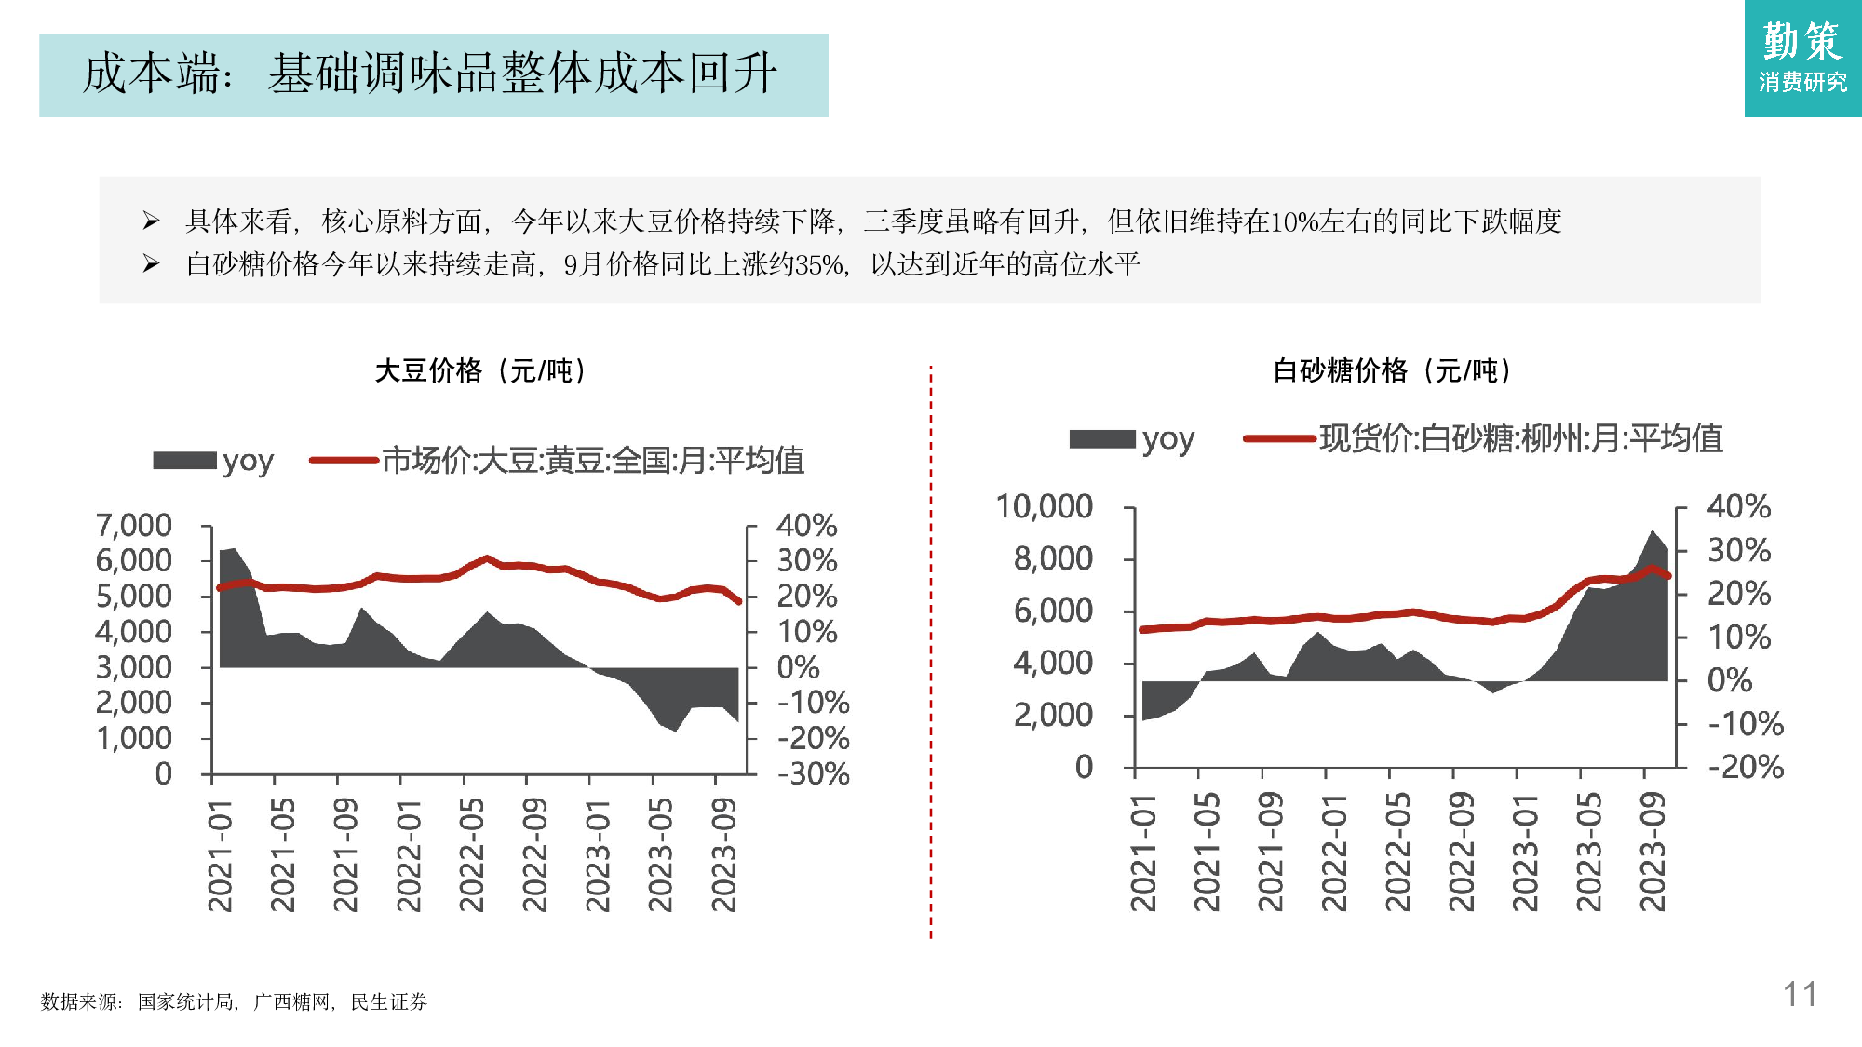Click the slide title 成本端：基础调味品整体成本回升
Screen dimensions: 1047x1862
430,74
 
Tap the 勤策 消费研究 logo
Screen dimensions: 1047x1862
1802,58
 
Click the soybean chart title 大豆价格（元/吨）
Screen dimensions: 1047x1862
480,370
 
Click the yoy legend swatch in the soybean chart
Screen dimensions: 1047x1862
184,461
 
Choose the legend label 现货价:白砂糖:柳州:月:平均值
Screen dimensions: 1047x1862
1520,437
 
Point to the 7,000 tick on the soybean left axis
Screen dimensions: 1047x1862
134,525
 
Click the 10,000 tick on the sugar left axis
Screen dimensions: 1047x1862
1044,506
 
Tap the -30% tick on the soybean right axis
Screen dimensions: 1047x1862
813,773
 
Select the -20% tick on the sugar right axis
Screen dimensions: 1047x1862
1745,767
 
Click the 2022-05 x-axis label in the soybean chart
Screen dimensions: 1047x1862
471,854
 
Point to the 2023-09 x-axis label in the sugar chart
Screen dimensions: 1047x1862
1652,852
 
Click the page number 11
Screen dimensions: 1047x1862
1799,994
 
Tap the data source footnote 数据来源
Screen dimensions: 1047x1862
80,1001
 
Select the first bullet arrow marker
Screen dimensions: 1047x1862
151,221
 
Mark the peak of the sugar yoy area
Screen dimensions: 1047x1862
1652,531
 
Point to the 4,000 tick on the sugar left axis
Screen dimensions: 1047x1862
1053,663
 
